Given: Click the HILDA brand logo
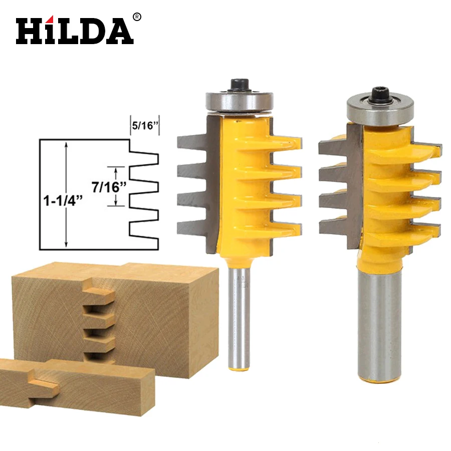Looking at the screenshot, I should pos(74,31).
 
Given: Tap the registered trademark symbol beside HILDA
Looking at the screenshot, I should pos(137,17).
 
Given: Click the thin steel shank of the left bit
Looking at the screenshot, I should pos(239,316).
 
